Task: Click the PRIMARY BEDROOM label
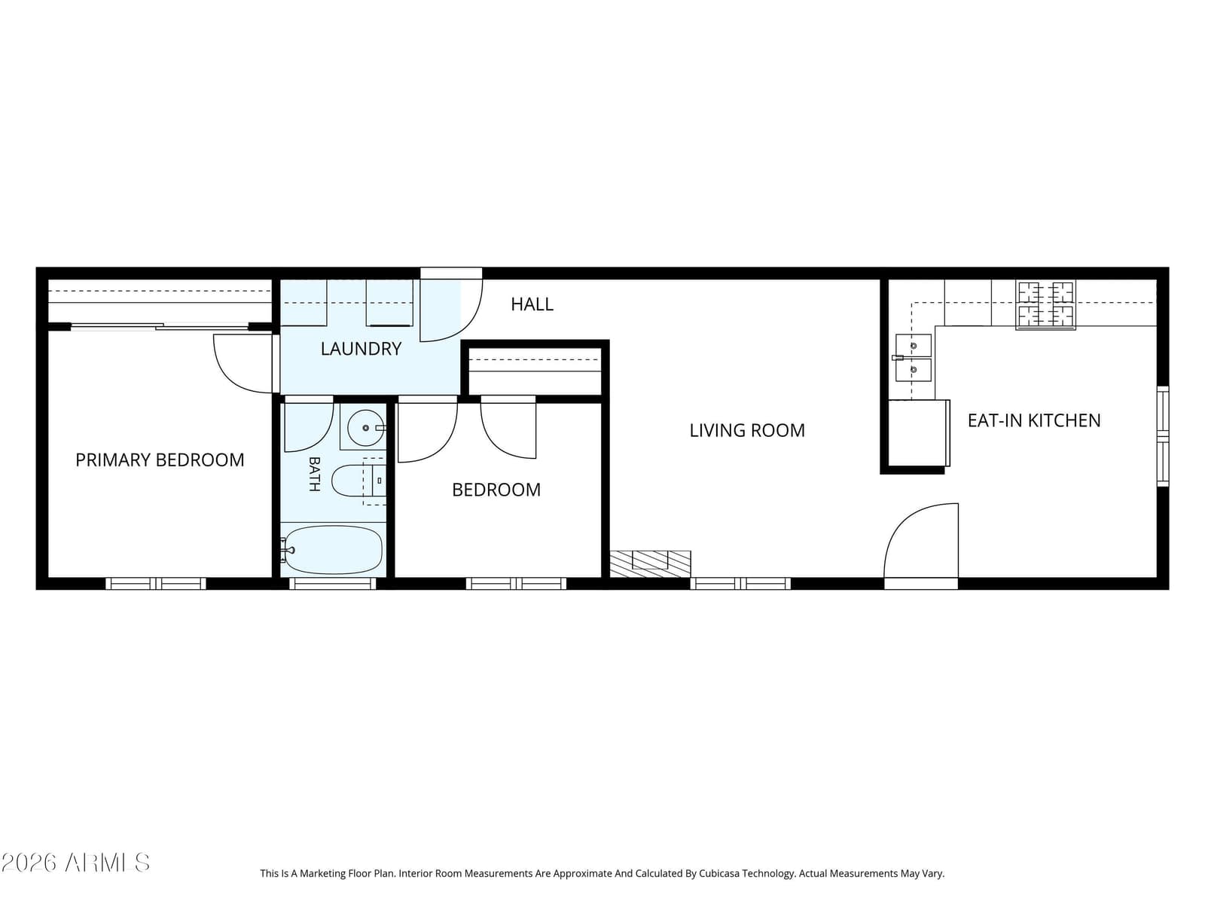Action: pos(160,460)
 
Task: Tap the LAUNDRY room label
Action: pos(361,349)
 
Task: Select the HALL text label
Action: pos(532,304)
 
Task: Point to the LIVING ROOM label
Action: pos(747,430)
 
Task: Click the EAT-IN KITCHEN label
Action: pos(1034,420)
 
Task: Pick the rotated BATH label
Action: pos(315,474)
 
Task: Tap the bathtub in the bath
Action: pos(333,550)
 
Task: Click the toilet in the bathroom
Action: pos(358,481)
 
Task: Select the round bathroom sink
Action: pos(365,428)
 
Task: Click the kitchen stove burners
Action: pos(1045,304)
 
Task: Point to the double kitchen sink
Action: pos(913,358)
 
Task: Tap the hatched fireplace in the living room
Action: pos(650,563)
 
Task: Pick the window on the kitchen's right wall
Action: pos(1163,436)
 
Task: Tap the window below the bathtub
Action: pos(333,583)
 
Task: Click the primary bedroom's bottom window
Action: pos(156,583)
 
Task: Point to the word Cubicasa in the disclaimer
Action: pos(718,873)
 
